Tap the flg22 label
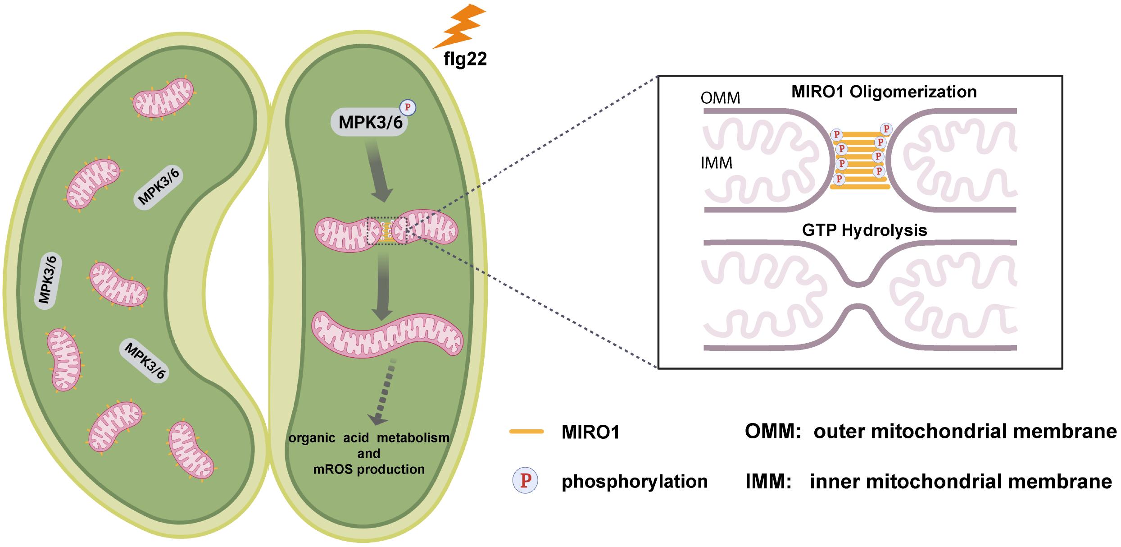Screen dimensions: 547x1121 465,60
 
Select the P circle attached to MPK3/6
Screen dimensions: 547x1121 408,107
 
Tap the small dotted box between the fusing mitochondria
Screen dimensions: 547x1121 387,231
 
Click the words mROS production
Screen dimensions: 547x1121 369,469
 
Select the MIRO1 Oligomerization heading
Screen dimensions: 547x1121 884,92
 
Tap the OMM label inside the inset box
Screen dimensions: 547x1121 721,98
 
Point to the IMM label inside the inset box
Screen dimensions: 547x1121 716,163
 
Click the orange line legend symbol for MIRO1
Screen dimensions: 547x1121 526,432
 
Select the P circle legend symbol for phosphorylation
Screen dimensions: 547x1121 525,481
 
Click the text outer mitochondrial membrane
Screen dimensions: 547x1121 965,432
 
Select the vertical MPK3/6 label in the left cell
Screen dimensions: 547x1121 49,282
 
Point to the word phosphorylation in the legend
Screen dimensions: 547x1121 635,482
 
